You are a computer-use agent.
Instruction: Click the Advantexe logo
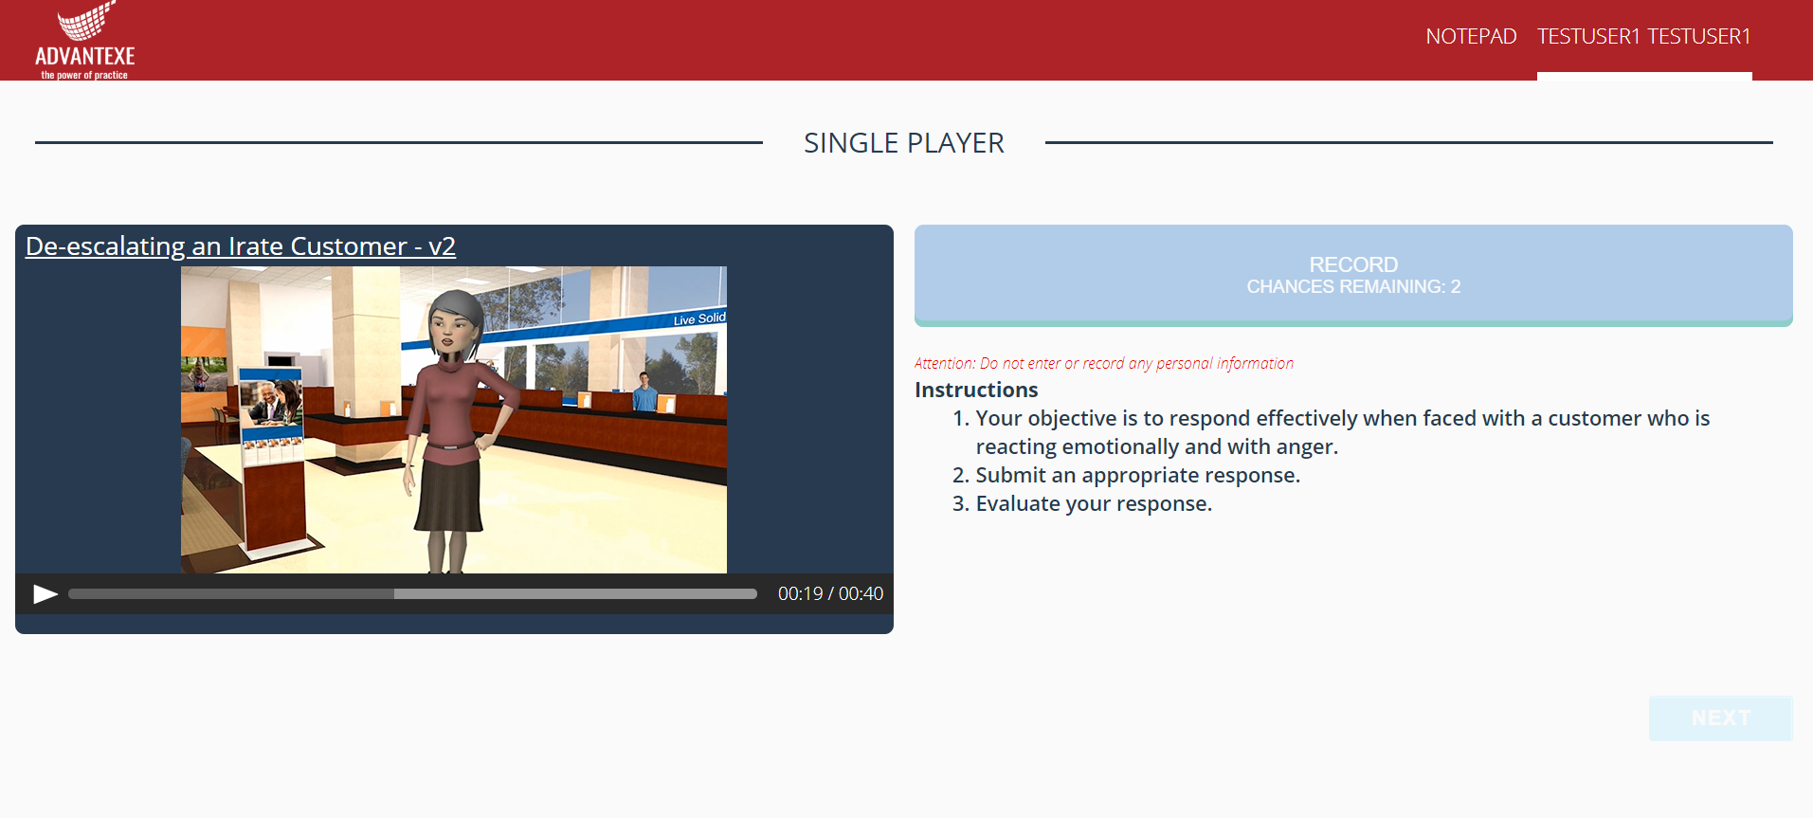coord(85,41)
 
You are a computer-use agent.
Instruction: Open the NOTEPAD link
coord(1471,36)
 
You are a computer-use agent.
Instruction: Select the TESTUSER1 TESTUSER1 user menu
coord(1643,36)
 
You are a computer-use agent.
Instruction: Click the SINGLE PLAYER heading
coord(903,143)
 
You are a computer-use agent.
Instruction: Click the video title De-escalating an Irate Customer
coord(241,246)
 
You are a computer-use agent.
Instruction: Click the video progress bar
coord(412,594)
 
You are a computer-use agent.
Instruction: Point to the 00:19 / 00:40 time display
coord(830,594)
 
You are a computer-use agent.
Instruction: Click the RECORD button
coord(1352,275)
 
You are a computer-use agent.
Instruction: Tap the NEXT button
coord(1720,718)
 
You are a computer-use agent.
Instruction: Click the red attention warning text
coord(1103,363)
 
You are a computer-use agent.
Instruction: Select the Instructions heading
coord(976,390)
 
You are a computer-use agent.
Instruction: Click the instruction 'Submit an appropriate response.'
coord(1137,475)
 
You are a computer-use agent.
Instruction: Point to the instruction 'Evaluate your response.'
coord(1094,503)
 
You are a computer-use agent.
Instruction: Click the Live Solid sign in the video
coord(699,319)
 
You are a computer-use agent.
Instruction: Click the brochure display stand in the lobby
coord(273,455)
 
